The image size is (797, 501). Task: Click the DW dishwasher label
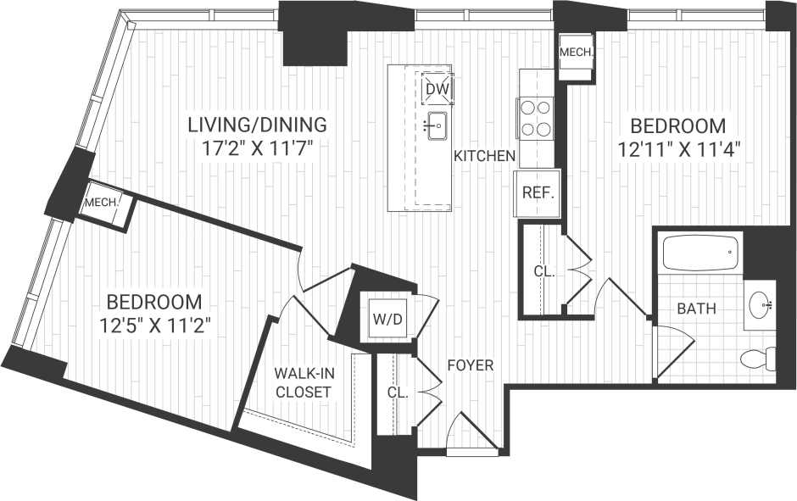pyautogui.click(x=438, y=88)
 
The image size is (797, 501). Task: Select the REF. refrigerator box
pyautogui.click(x=538, y=192)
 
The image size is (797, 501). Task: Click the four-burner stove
pyautogui.click(x=536, y=118)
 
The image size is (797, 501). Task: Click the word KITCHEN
pyautogui.click(x=484, y=156)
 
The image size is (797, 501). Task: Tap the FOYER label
pyautogui.click(x=471, y=365)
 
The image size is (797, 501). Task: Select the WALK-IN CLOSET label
pyautogui.click(x=302, y=381)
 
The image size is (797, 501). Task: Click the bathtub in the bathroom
pyautogui.click(x=700, y=253)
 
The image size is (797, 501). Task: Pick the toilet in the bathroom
pyautogui.click(x=757, y=359)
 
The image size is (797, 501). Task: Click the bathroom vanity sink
pyautogui.click(x=761, y=304)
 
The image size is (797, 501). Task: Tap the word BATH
pyautogui.click(x=696, y=309)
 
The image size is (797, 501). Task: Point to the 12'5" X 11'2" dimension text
pyautogui.click(x=153, y=324)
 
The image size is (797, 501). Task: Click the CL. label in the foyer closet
pyautogui.click(x=397, y=393)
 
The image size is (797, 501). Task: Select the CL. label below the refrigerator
pyautogui.click(x=543, y=272)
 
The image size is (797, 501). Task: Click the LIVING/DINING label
pyautogui.click(x=256, y=125)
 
